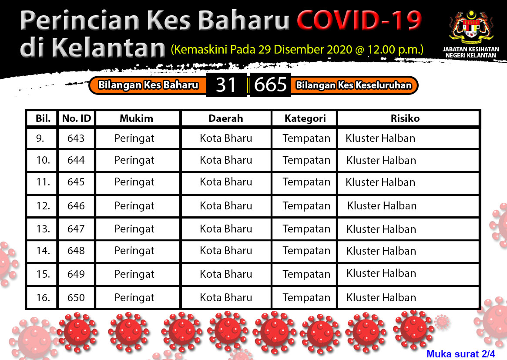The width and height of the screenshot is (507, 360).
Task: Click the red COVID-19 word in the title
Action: click(x=359, y=20)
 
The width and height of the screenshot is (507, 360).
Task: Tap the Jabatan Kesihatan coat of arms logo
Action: click(x=471, y=28)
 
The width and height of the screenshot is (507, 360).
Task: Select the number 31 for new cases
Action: click(x=226, y=85)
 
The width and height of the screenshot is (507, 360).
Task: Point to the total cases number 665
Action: click(x=270, y=85)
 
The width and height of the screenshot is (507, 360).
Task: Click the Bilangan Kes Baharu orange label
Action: click(x=148, y=85)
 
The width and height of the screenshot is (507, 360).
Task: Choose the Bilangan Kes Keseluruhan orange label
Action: click(x=354, y=85)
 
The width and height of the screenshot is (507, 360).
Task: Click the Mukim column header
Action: click(x=137, y=118)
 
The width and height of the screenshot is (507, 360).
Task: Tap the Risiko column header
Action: click(x=405, y=118)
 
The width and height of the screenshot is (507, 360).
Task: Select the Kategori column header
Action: click(x=305, y=119)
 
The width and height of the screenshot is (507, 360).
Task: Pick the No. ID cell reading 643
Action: click(x=76, y=138)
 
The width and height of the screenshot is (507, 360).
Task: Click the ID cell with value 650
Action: click(x=76, y=298)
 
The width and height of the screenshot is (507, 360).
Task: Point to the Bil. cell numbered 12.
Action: click(x=44, y=206)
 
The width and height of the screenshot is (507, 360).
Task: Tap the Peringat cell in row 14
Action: click(x=134, y=251)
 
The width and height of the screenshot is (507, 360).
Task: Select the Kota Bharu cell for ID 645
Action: click(x=226, y=182)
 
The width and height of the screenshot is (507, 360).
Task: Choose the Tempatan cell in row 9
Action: click(x=306, y=138)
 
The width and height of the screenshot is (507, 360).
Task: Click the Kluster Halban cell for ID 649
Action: click(x=381, y=273)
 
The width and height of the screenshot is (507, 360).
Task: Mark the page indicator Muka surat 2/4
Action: click(x=461, y=354)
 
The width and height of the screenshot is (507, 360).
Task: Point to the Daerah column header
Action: click(x=226, y=118)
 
